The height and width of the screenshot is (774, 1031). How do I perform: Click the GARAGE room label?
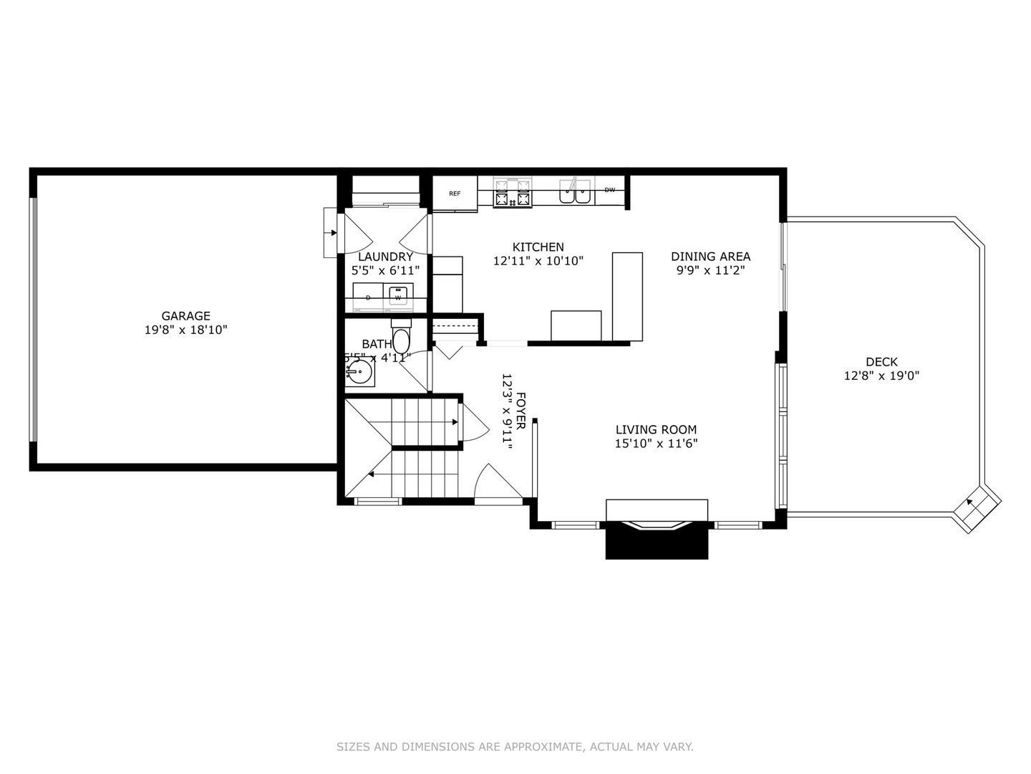pyautogui.click(x=185, y=315)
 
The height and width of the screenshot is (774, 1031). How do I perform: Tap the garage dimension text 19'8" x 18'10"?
pyautogui.click(x=185, y=330)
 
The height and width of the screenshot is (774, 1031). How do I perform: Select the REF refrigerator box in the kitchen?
pyautogui.click(x=455, y=193)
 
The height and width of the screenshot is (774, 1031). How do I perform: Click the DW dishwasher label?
pyautogui.click(x=610, y=190)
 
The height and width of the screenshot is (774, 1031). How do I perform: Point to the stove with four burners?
pyautogui.click(x=513, y=192)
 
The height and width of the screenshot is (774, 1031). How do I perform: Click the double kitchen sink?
pyautogui.click(x=576, y=191)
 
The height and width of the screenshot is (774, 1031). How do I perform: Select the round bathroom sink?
pyautogui.click(x=359, y=372)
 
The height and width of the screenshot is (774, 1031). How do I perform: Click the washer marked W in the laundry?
pyautogui.click(x=398, y=296)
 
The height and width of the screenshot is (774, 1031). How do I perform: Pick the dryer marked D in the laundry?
pyautogui.click(x=368, y=297)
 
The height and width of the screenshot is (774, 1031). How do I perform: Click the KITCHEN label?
pyautogui.click(x=538, y=247)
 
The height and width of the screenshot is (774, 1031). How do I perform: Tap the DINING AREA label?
pyautogui.click(x=710, y=256)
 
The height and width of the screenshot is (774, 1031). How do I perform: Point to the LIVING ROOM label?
pyautogui.click(x=656, y=429)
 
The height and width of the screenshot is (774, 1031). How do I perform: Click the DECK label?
pyautogui.click(x=881, y=362)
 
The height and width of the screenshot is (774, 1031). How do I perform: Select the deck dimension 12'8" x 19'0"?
pyautogui.click(x=881, y=376)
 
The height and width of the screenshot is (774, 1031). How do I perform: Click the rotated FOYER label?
pyautogui.click(x=521, y=411)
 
